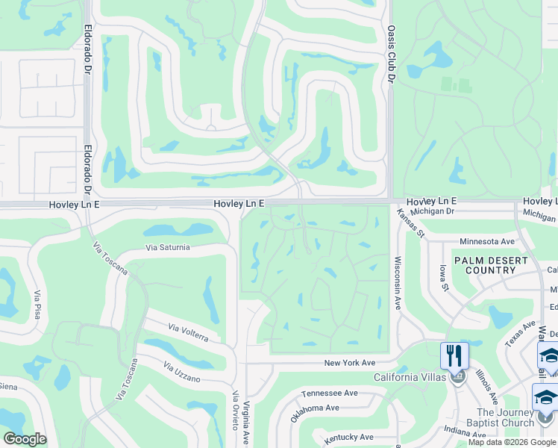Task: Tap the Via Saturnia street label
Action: pyautogui.click(x=168, y=247)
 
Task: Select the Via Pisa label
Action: pyautogui.click(x=36, y=305)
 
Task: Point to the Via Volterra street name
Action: pyautogui.click(x=188, y=332)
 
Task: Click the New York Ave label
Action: pyautogui.click(x=349, y=363)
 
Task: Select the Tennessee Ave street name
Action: pyautogui.click(x=330, y=393)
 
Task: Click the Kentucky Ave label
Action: pyautogui.click(x=348, y=437)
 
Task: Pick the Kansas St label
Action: pyautogui.click(x=410, y=222)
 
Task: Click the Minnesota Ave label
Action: pyautogui.click(x=487, y=242)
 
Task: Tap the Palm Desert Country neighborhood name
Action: pyautogui.click(x=490, y=265)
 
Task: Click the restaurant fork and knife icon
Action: pyautogui.click(x=454, y=355)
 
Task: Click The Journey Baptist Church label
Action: pyautogui.click(x=505, y=417)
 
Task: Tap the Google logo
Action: pyautogui.click(x=25, y=439)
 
